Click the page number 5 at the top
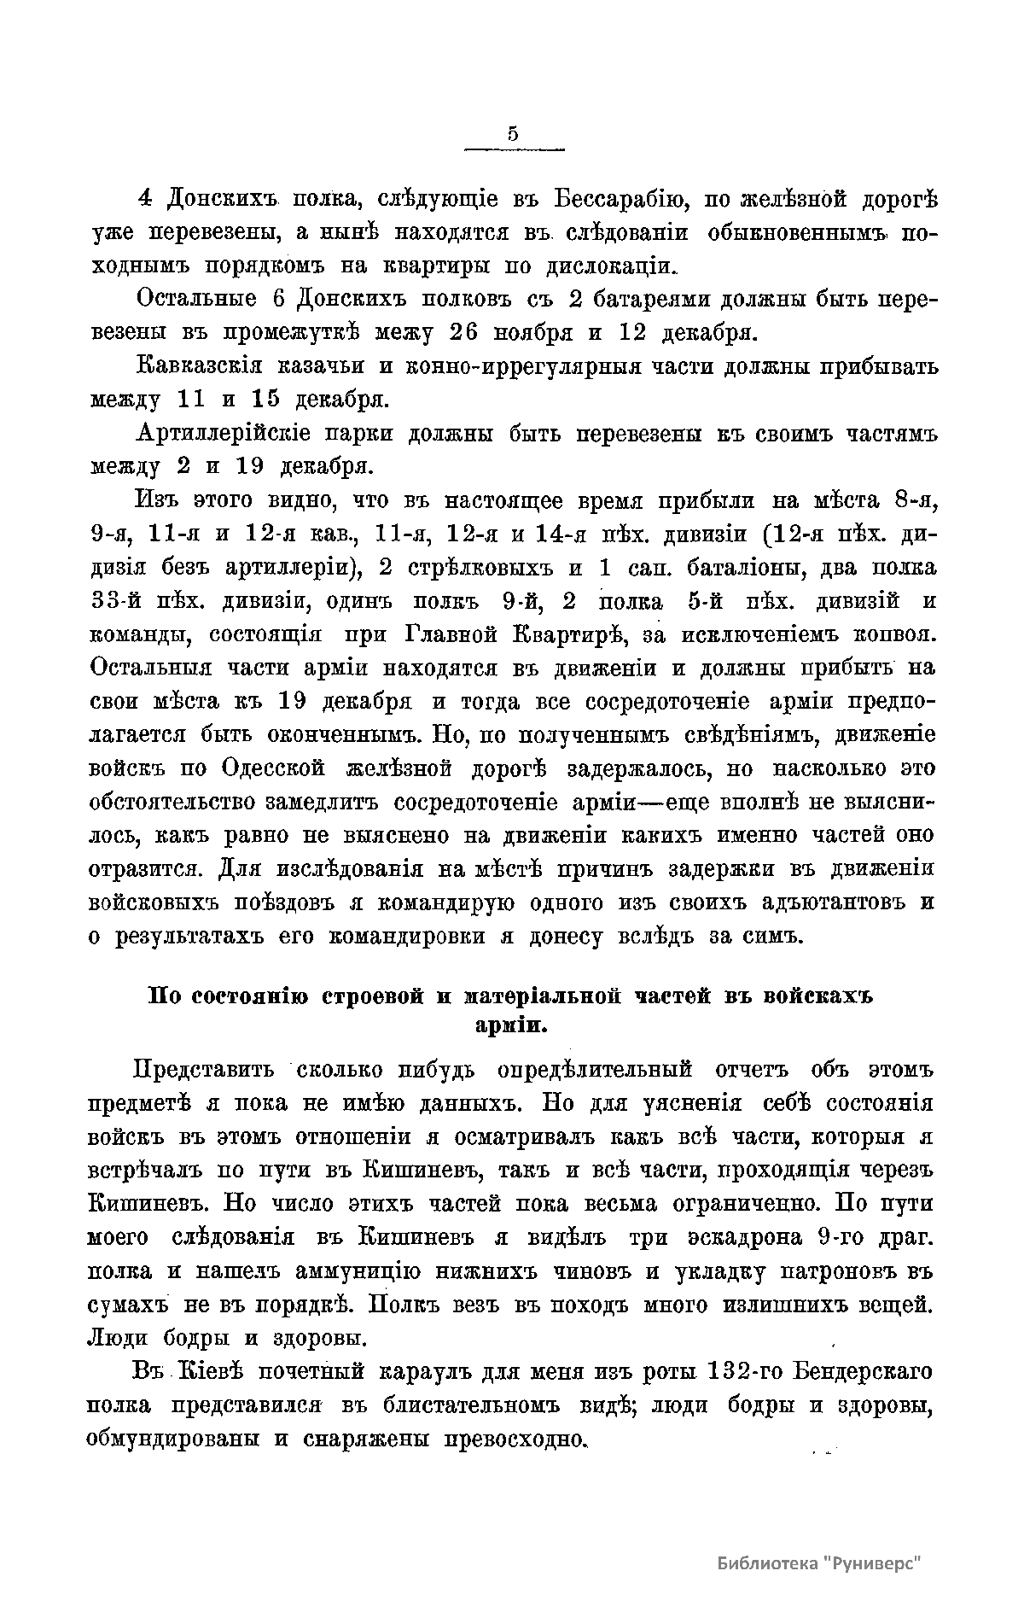(x=513, y=133)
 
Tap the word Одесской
(x=274, y=768)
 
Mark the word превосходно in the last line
(x=513, y=1439)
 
